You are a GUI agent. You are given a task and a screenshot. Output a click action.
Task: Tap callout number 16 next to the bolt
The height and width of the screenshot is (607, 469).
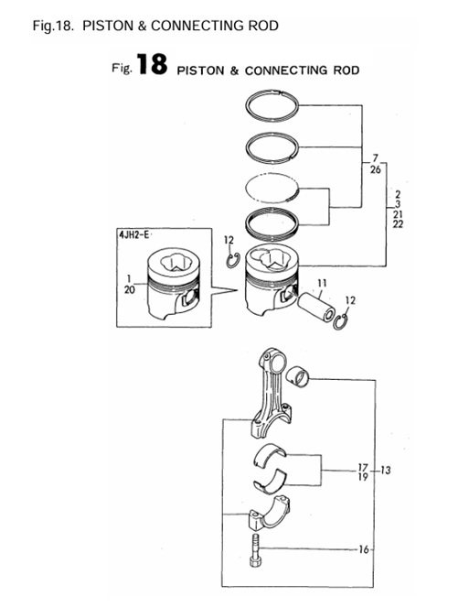(x=364, y=550)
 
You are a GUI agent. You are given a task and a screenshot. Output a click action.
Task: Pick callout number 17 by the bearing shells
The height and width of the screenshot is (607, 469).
(x=363, y=466)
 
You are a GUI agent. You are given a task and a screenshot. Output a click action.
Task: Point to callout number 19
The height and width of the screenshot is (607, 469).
(x=363, y=477)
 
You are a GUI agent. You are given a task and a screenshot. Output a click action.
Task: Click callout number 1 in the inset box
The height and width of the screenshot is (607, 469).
(x=129, y=277)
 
